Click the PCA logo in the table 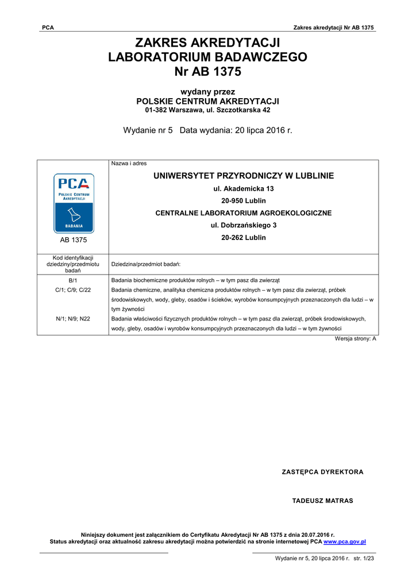click(73, 202)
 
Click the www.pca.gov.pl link click(345, 541)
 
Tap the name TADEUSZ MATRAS click(322, 501)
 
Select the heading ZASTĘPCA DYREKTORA click(322, 472)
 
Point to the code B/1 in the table click(73, 280)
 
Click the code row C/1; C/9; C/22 click(73, 290)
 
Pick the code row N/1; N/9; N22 click(73, 319)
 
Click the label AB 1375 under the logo click(73, 240)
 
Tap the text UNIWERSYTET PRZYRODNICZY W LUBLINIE click(244, 176)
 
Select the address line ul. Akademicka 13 click(244, 188)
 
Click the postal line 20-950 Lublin click(244, 200)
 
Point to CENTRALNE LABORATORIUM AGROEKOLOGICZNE click(244, 213)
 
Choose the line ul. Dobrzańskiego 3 click(244, 225)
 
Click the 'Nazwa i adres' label click(129, 164)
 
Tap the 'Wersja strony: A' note click(355, 339)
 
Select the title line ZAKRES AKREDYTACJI click(207, 42)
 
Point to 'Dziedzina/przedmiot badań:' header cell click(146, 264)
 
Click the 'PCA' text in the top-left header click(48, 28)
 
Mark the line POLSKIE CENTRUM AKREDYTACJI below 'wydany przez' click(207, 101)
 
